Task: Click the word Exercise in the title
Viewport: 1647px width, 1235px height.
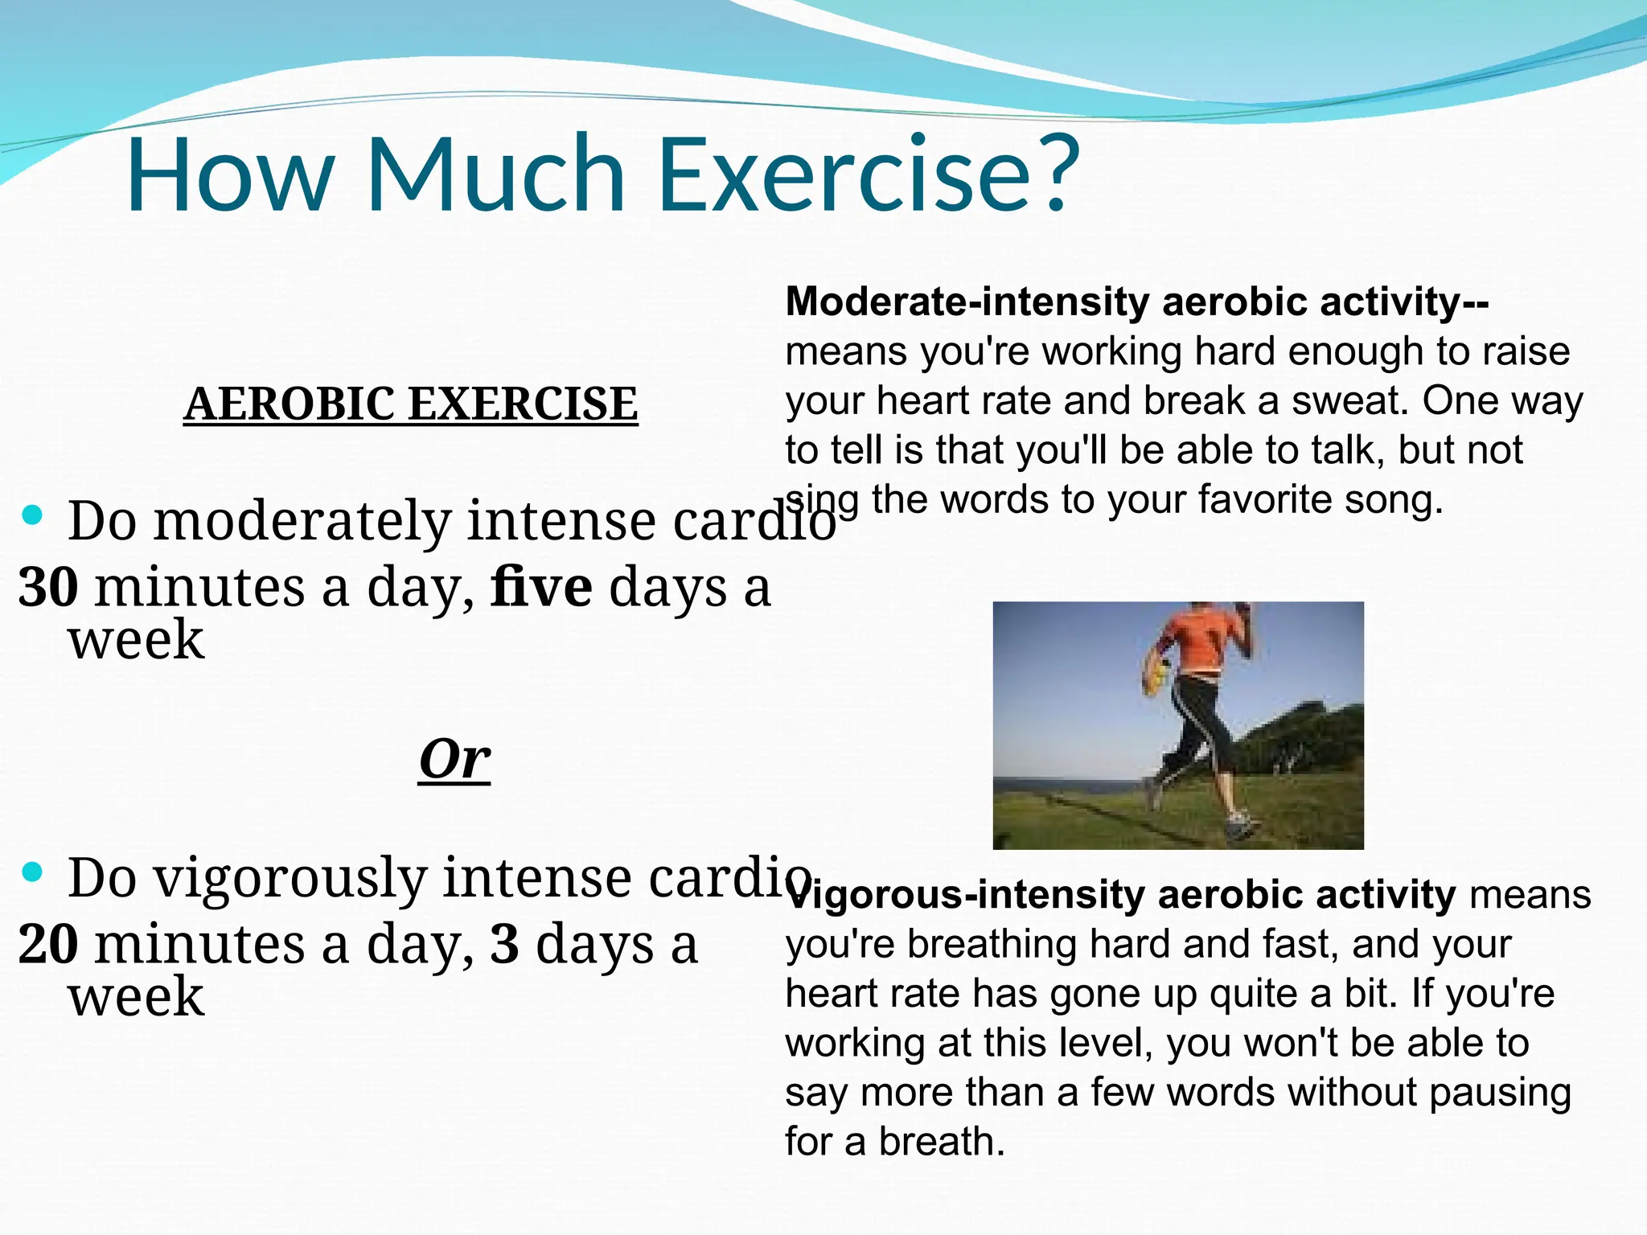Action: pyautogui.click(x=844, y=175)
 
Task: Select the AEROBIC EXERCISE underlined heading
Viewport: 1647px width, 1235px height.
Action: pyautogui.click(x=410, y=404)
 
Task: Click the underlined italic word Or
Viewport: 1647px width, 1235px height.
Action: pyautogui.click(x=454, y=759)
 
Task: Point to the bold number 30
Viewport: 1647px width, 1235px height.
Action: pyautogui.click(x=48, y=587)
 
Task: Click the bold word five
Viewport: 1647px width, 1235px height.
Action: pyautogui.click(x=541, y=587)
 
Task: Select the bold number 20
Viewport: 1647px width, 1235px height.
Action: pyautogui.click(x=48, y=944)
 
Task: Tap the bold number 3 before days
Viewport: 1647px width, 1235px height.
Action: pyautogui.click(x=504, y=944)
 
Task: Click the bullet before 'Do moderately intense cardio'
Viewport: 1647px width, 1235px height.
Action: pyautogui.click(x=32, y=515)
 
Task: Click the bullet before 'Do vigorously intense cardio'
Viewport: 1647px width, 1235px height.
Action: pyautogui.click(x=32, y=872)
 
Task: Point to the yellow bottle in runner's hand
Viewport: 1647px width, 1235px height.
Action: pyautogui.click(x=1155, y=675)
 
